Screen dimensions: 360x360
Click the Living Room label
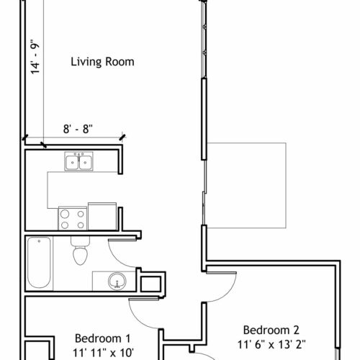point(102,62)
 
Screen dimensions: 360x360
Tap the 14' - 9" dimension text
point(35,56)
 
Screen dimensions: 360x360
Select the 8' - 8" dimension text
point(78,129)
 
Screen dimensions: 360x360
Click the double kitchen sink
point(78,161)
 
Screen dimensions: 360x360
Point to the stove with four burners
point(73,218)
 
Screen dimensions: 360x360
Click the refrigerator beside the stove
point(102,217)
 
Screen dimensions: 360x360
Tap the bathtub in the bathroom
point(39,262)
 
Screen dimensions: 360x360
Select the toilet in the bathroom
point(80,251)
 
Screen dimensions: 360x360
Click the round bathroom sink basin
point(117,281)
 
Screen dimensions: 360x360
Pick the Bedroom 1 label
point(103,338)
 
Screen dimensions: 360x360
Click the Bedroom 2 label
point(271,330)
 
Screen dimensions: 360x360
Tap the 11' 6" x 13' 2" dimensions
point(271,345)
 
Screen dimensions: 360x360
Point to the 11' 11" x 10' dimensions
point(103,353)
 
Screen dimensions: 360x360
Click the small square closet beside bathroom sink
point(150,284)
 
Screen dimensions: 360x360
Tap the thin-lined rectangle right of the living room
point(246,186)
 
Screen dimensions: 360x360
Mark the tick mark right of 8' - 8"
point(122,137)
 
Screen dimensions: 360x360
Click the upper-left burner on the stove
point(65,214)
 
